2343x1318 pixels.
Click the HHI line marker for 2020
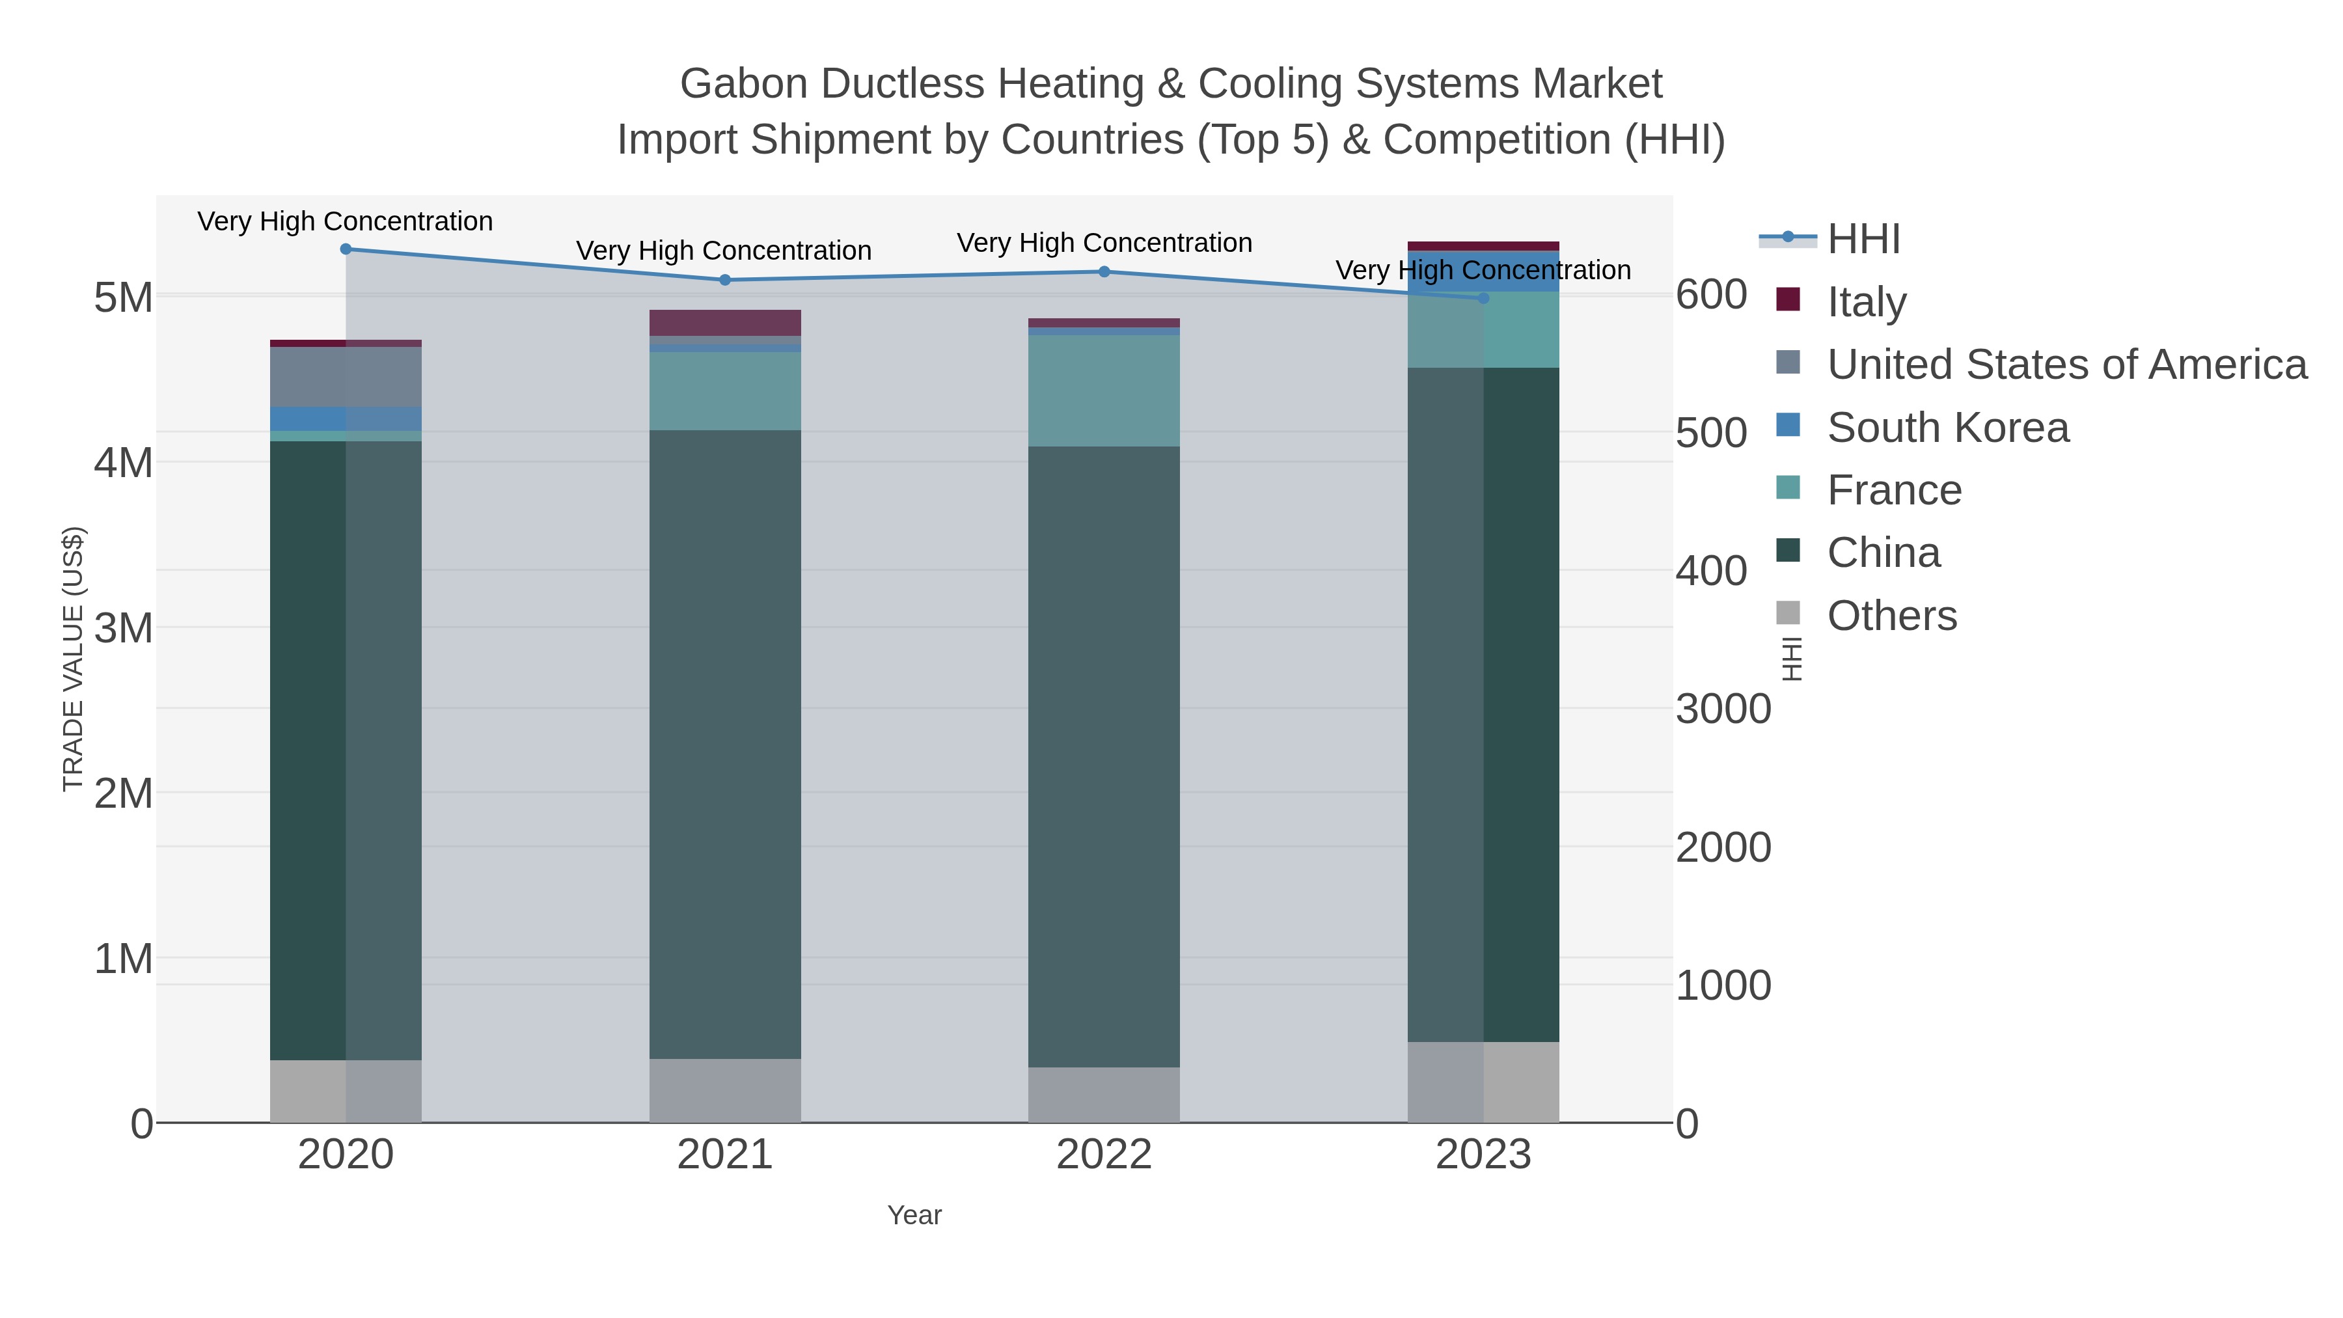pos(346,249)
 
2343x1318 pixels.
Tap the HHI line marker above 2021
pos(725,280)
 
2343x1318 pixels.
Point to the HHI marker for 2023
pos(1483,298)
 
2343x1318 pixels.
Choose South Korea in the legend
pos(1947,428)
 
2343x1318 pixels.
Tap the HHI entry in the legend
pos(1863,240)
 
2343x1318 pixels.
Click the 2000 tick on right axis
pos(1723,847)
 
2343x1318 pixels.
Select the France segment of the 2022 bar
pos(1104,391)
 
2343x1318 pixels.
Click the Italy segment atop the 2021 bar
pos(725,323)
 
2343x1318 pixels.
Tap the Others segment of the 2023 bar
pos(1483,1082)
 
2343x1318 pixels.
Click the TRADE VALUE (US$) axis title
pos(73,659)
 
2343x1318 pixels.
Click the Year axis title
pos(914,1215)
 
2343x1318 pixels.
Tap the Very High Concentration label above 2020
pos(346,221)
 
